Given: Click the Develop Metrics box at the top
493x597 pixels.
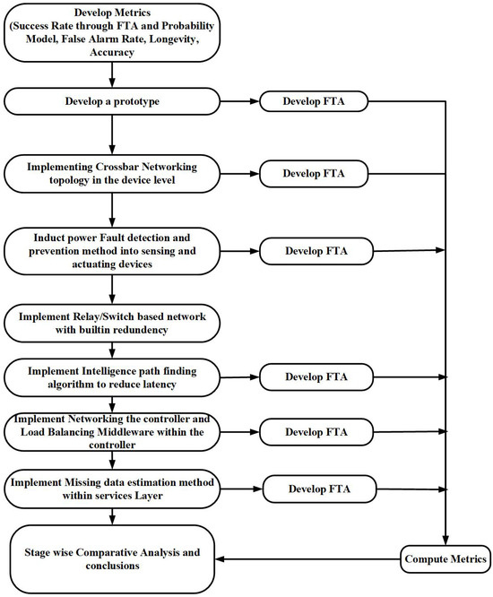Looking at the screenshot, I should point(111,33).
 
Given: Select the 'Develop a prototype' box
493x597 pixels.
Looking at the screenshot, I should point(111,101).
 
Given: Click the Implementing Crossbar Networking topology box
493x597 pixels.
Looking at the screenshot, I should point(111,172).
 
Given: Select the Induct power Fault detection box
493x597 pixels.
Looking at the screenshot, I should point(111,251).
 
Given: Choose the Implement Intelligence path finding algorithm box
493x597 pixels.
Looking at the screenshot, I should point(111,376).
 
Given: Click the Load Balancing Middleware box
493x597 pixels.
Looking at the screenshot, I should point(111,431).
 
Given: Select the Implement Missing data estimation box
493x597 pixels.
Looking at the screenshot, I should point(111,489).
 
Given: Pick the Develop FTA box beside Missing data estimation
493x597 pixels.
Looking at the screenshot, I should point(318,489).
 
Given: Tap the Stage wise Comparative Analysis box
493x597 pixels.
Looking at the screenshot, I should point(111,558).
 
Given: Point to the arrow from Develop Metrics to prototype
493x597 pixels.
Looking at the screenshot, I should point(111,75).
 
